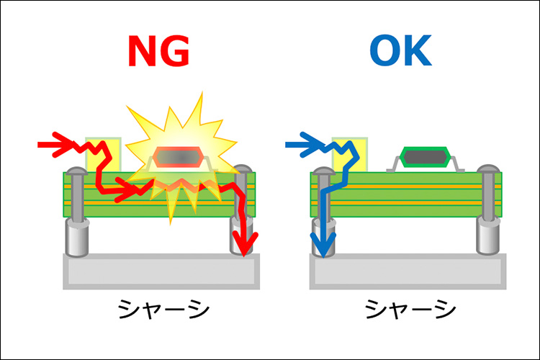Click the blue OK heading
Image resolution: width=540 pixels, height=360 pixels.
pyautogui.click(x=400, y=52)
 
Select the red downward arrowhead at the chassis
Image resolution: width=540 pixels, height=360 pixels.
pyautogui.click(x=246, y=245)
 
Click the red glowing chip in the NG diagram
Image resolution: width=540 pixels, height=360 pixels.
pyautogui.click(x=179, y=158)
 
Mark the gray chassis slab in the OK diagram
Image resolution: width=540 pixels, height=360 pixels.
pyautogui.click(x=407, y=271)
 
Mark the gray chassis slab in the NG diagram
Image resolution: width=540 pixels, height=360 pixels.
pyautogui.click(x=160, y=271)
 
